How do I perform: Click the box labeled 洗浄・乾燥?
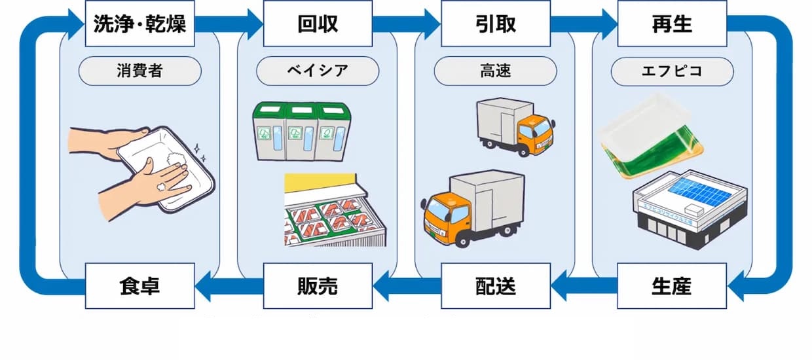(x=139, y=24)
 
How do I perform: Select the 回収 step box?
(x=318, y=24)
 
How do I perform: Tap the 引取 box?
(x=495, y=24)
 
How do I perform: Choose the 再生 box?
(x=672, y=24)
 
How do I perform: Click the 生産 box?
(x=672, y=286)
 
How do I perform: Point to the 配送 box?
(x=495, y=286)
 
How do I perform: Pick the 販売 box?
(x=318, y=286)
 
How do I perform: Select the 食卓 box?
(x=139, y=286)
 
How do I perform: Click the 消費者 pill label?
(x=139, y=71)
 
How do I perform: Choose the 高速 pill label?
(x=495, y=71)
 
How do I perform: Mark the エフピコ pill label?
(x=672, y=71)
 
